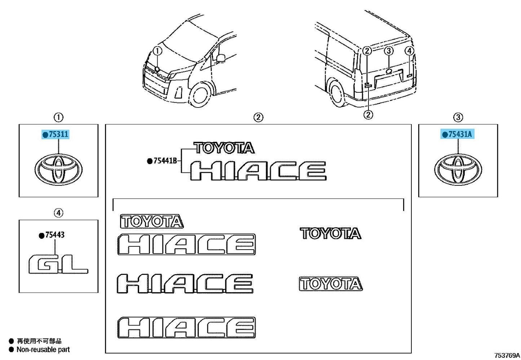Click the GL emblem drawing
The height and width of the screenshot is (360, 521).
[58, 264]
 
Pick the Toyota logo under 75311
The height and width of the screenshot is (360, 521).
[58, 169]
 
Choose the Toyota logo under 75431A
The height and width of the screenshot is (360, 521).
[458, 170]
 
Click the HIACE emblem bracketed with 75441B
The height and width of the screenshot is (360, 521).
[258, 171]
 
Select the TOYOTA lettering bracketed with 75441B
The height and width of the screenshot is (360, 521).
[224, 148]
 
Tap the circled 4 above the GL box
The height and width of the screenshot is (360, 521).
[58, 213]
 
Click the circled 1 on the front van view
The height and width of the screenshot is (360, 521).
[158, 51]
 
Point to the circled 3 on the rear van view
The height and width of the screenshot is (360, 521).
[389, 51]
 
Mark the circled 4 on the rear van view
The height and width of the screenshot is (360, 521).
[409, 51]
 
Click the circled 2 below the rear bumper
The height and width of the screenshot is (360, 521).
[368, 114]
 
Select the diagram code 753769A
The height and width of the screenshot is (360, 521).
[507, 355]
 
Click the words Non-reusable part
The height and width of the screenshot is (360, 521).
[43, 350]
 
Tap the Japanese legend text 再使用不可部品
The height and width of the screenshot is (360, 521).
[39, 341]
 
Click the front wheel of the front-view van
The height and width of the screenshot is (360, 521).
[200, 95]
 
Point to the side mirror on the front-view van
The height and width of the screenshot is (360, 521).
[221, 58]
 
